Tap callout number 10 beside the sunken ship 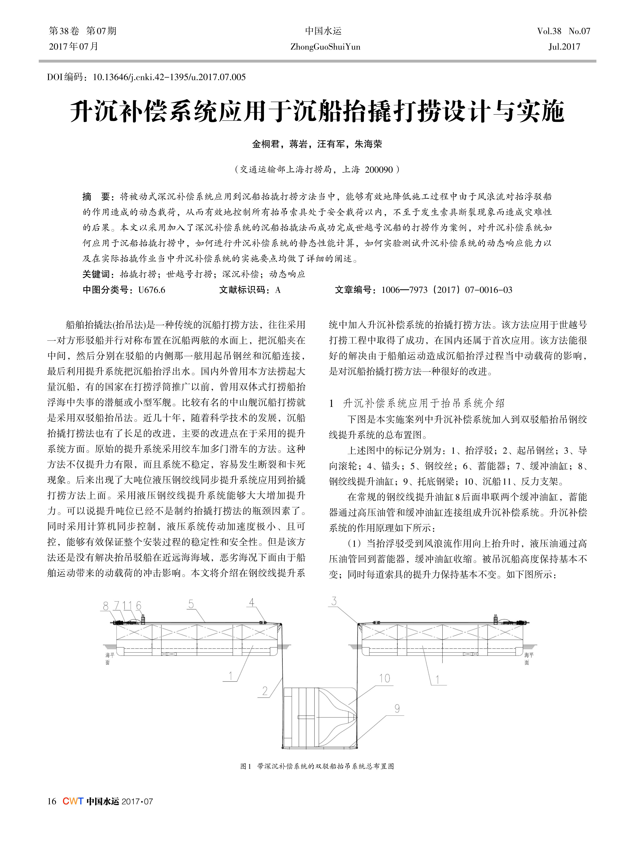point(384,678)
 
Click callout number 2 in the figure point(265,691)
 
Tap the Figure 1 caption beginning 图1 point(317,766)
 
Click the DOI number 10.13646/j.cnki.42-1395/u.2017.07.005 point(169,77)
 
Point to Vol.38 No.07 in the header point(563,31)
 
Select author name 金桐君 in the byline point(266,144)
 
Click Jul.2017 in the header point(564,47)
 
